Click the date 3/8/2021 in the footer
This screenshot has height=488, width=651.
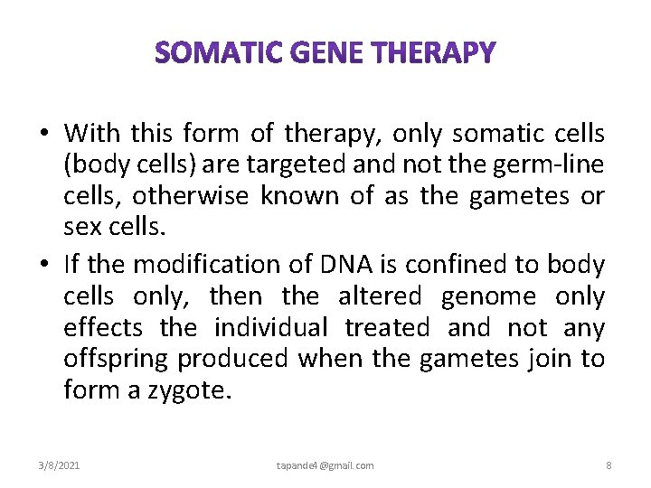click(x=59, y=465)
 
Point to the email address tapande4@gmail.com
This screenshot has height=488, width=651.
click(x=325, y=465)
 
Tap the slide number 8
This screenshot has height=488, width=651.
click(x=609, y=465)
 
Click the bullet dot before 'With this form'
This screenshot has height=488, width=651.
click(x=44, y=135)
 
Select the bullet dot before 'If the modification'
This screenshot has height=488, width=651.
click(x=44, y=265)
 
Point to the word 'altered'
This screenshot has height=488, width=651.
click(x=380, y=296)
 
